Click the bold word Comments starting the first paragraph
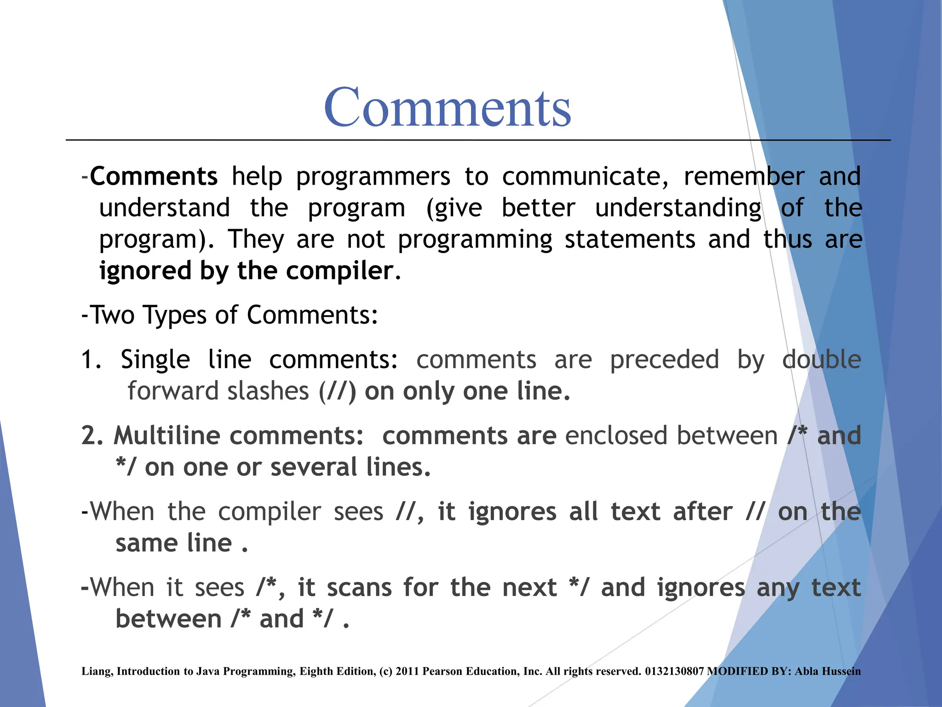(x=154, y=176)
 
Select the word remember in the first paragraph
(x=744, y=176)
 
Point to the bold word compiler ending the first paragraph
(x=340, y=271)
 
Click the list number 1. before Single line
(x=91, y=359)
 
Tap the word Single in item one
(x=155, y=359)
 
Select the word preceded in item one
(x=664, y=359)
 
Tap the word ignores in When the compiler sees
(x=512, y=512)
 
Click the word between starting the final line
(x=168, y=619)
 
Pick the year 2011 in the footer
(x=407, y=672)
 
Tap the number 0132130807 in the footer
(x=674, y=672)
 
